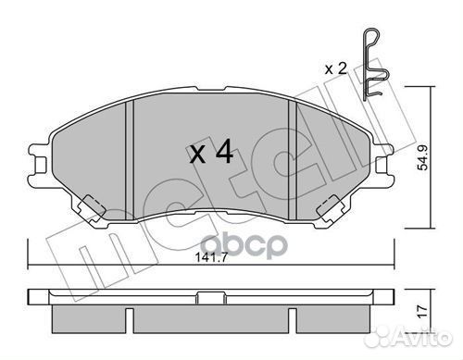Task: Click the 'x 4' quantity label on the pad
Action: tap(210, 153)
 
